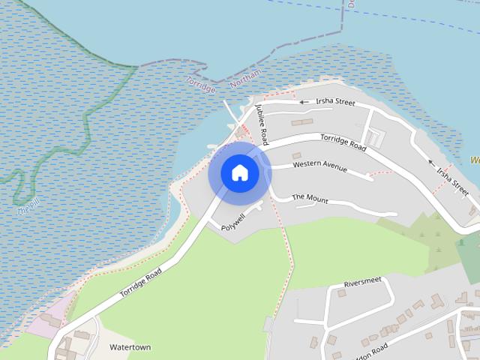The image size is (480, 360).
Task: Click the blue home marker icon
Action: (239, 172)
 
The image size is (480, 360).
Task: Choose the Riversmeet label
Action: (362, 283)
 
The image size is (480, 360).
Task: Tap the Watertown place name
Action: (130, 347)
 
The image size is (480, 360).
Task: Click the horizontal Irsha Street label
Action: (334, 102)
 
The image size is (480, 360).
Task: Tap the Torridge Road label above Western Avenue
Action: (343, 142)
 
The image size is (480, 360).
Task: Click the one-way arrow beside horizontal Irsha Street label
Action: (304, 102)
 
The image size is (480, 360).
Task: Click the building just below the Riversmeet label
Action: (342, 292)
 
